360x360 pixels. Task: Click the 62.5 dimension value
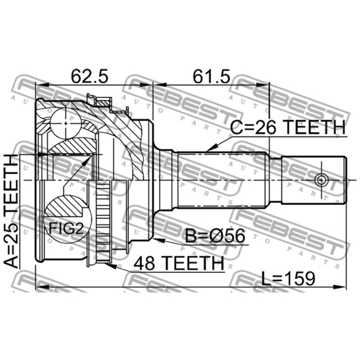[x=89, y=77]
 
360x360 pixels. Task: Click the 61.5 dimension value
[x=211, y=77]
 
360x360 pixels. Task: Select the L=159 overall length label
[x=289, y=279]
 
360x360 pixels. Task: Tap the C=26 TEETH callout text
[x=288, y=128]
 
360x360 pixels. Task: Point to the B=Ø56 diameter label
[x=215, y=236]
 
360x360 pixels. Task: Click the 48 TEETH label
[x=178, y=263]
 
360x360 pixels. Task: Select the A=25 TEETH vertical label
[x=11, y=211]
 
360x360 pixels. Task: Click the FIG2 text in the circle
[x=66, y=228]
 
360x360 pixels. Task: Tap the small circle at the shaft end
[x=321, y=180]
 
